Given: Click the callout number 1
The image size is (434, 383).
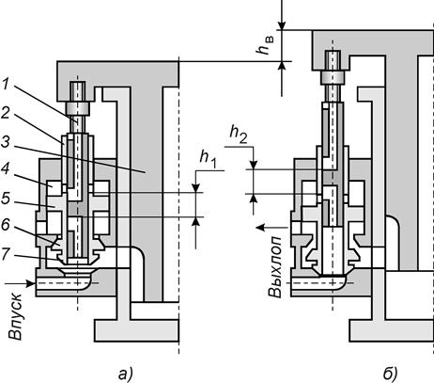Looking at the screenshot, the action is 6,84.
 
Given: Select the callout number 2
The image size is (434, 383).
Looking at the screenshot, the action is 6,113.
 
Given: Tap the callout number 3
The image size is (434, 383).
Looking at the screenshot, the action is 6,142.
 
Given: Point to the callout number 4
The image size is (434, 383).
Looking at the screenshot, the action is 6,169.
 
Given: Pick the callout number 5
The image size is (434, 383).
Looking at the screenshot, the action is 6,199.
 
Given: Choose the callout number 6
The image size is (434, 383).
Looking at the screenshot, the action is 6,225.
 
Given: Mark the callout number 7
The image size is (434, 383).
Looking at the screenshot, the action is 6,253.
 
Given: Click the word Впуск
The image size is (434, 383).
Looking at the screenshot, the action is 16,317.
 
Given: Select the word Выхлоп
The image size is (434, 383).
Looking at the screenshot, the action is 276,266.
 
